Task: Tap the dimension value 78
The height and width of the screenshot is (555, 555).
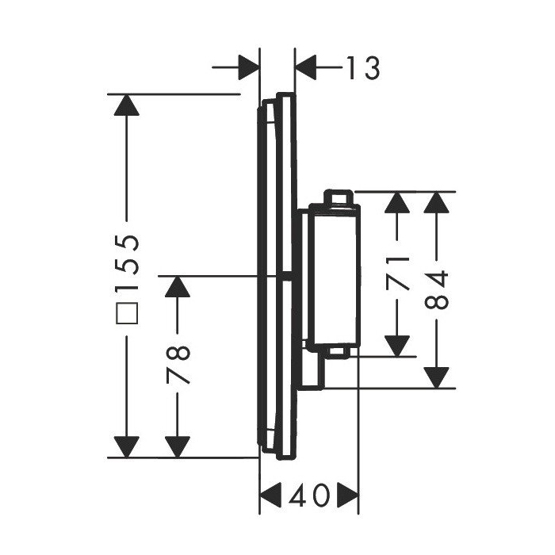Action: (x=181, y=365)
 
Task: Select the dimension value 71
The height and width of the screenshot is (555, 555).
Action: (x=397, y=273)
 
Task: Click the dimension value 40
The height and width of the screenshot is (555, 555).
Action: (x=310, y=497)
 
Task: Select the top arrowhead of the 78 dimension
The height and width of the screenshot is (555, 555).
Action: (x=180, y=289)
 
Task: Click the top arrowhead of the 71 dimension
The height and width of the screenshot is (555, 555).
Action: (x=397, y=205)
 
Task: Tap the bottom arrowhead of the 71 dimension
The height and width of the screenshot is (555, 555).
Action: (x=397, y=343)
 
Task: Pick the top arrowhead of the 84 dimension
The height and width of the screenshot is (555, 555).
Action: (x=438, y=205)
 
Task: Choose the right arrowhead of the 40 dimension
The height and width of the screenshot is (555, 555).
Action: (x=346, y=497)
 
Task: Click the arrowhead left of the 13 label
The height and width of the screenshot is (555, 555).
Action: (x=247, y=69)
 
